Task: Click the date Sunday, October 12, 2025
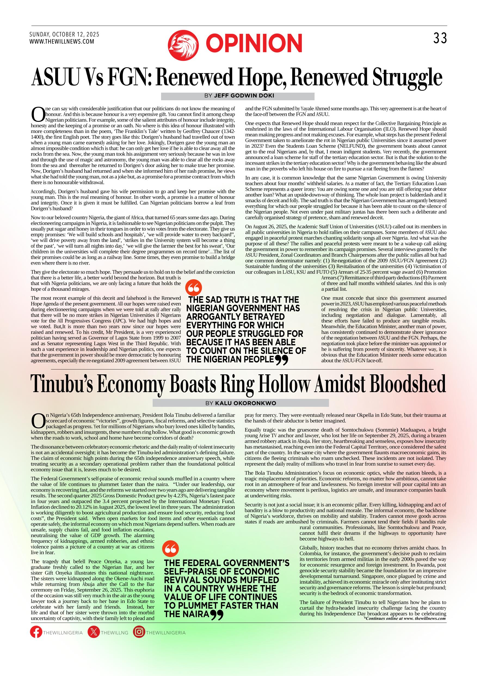64,34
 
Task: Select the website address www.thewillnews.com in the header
62,41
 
